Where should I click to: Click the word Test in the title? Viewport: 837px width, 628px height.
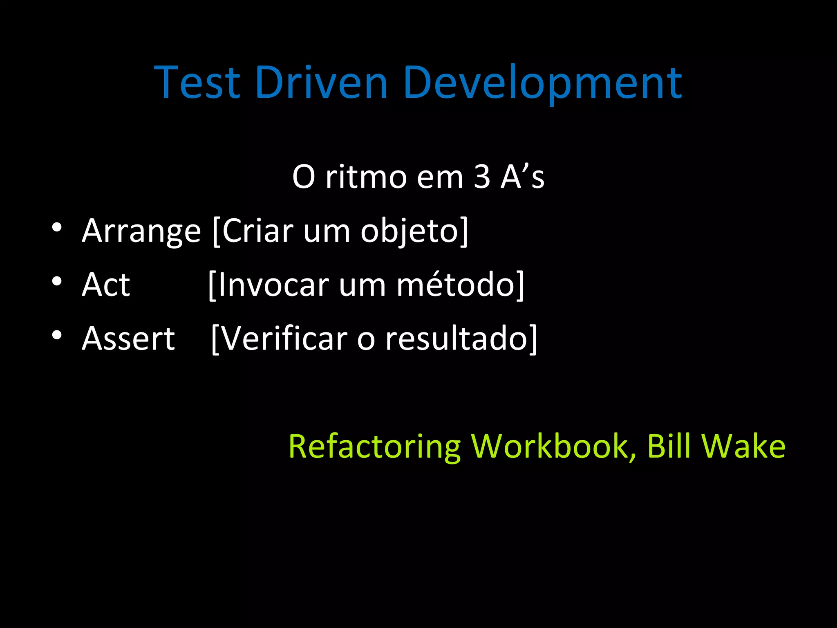(x=197, y=83)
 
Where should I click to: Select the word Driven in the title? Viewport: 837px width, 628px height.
(x=321, y=83)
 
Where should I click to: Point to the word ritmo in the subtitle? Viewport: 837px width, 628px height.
(x=366, y=177)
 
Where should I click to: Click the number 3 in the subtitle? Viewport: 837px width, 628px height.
(x=482, y=177)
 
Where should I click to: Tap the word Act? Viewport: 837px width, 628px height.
(x=105, y=285)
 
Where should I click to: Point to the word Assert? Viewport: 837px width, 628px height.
(x=128, y=339)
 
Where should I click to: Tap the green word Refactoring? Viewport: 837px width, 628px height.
(x=374, y=447)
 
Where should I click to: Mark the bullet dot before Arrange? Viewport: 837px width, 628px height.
(x=57, y=227)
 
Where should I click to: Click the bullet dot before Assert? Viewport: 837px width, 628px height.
(x=57, y=335)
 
